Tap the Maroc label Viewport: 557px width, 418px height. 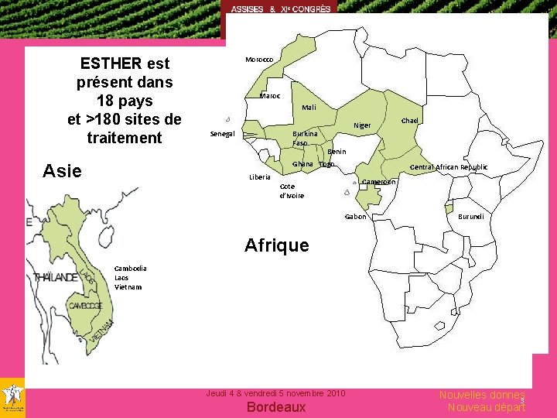(270, 96)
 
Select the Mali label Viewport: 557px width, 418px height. (309, 108)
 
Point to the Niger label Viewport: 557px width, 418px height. (362, 125)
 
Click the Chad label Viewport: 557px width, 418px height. (409, 121)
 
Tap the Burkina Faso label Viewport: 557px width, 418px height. (304, 139)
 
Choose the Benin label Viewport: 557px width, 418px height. (337, 152)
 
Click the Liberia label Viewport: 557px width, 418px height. (260, 177)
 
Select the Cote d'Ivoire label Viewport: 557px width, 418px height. (291, 190)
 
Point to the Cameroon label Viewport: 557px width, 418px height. (379, 182)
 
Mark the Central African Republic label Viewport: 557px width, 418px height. (448, 167)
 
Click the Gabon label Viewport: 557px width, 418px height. (355, 217)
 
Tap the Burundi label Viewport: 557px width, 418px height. (470, 217)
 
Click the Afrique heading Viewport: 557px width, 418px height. (276, 246)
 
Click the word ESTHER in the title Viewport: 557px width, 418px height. (110, 63)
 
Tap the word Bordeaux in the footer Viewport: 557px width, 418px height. (276, 407)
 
